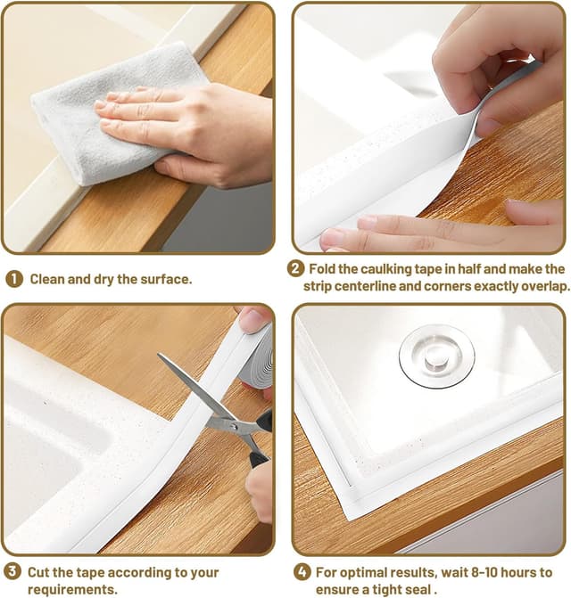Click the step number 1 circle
point(14,280)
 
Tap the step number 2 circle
point(295,269)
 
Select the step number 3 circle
point(12,572)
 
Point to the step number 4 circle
point(302,572)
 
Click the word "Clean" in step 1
point(48,279)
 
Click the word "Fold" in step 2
point(322,269)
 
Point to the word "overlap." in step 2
point(545,286)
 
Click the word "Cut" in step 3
point(39,572)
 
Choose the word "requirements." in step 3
point(72,590)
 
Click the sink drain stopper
point(436,356)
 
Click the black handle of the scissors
point(261,438)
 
